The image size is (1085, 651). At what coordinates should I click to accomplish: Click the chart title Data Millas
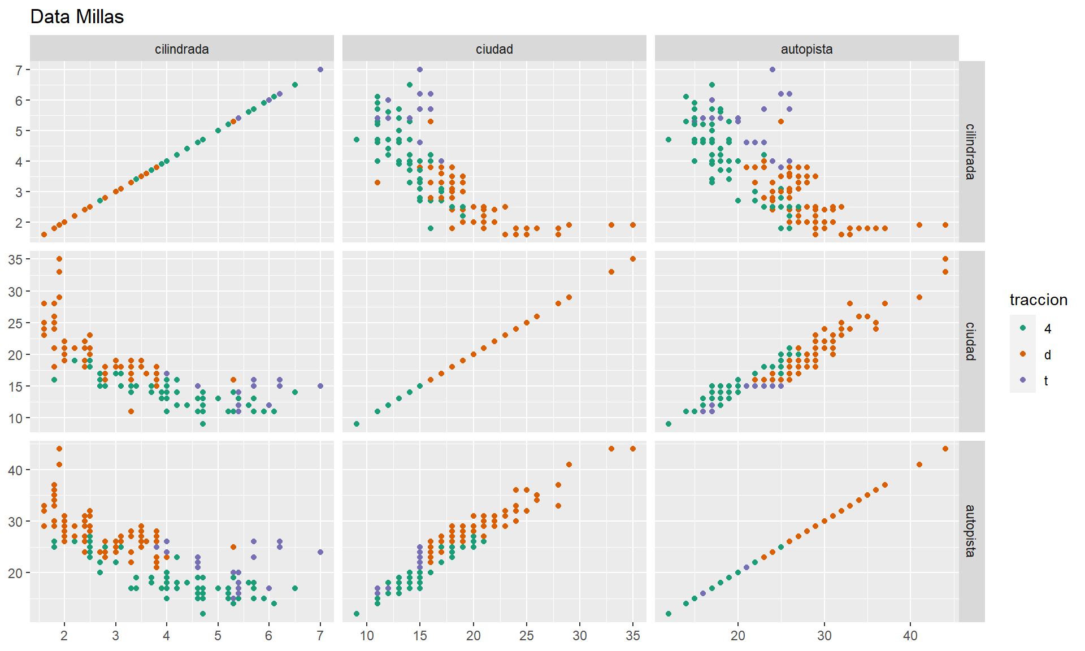(77, 17)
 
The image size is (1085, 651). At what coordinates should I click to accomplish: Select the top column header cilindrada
(181, 49)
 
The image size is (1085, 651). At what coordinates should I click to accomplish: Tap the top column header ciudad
(494, 49)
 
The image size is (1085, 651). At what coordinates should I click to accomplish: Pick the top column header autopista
(806, 49)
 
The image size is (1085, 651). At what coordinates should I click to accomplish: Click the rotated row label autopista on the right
(970, 531)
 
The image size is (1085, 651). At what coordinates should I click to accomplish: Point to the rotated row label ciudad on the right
(970, 341)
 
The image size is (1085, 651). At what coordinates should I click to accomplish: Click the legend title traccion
(1038, 300)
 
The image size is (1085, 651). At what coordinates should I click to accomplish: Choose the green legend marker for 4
(1023, 328)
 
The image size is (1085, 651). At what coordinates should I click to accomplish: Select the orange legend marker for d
(1023, 354)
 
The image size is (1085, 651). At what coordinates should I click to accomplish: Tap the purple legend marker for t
(1023, 380)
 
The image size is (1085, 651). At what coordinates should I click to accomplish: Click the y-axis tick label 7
(19, 70)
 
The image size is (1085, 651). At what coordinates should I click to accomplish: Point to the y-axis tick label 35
(16, 259)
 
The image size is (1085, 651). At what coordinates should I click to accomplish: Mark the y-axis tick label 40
(16, 470)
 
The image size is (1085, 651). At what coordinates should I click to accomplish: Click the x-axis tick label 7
(320, 636)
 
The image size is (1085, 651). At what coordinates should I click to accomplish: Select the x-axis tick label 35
(633, 636)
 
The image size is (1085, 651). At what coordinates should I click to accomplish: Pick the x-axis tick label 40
(910, 636)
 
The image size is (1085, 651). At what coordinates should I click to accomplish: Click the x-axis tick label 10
(367, 636)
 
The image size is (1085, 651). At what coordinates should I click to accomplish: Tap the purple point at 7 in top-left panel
(320, 70)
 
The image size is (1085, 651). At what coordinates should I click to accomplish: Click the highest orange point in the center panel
(633, 259)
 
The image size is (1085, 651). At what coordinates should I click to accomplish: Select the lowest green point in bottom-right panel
(669, 614)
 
